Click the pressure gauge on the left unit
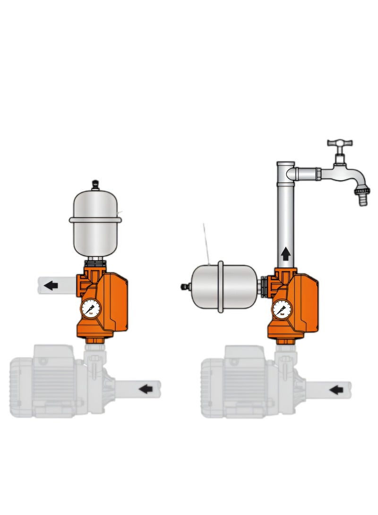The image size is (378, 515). coord(91,309)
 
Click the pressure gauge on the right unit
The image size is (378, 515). coord(282,309)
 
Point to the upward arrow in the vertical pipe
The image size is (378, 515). coord(285,255)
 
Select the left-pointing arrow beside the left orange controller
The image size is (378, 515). coord(51,286)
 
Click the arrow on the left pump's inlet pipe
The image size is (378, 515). coord(147,389)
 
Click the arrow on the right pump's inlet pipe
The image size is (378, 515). coord(336,389)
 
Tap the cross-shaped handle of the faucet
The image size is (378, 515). coord(340,144)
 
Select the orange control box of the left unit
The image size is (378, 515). coord(112,302)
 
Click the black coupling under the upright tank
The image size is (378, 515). coord(95,262)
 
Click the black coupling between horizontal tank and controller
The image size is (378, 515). coord(261,286)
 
